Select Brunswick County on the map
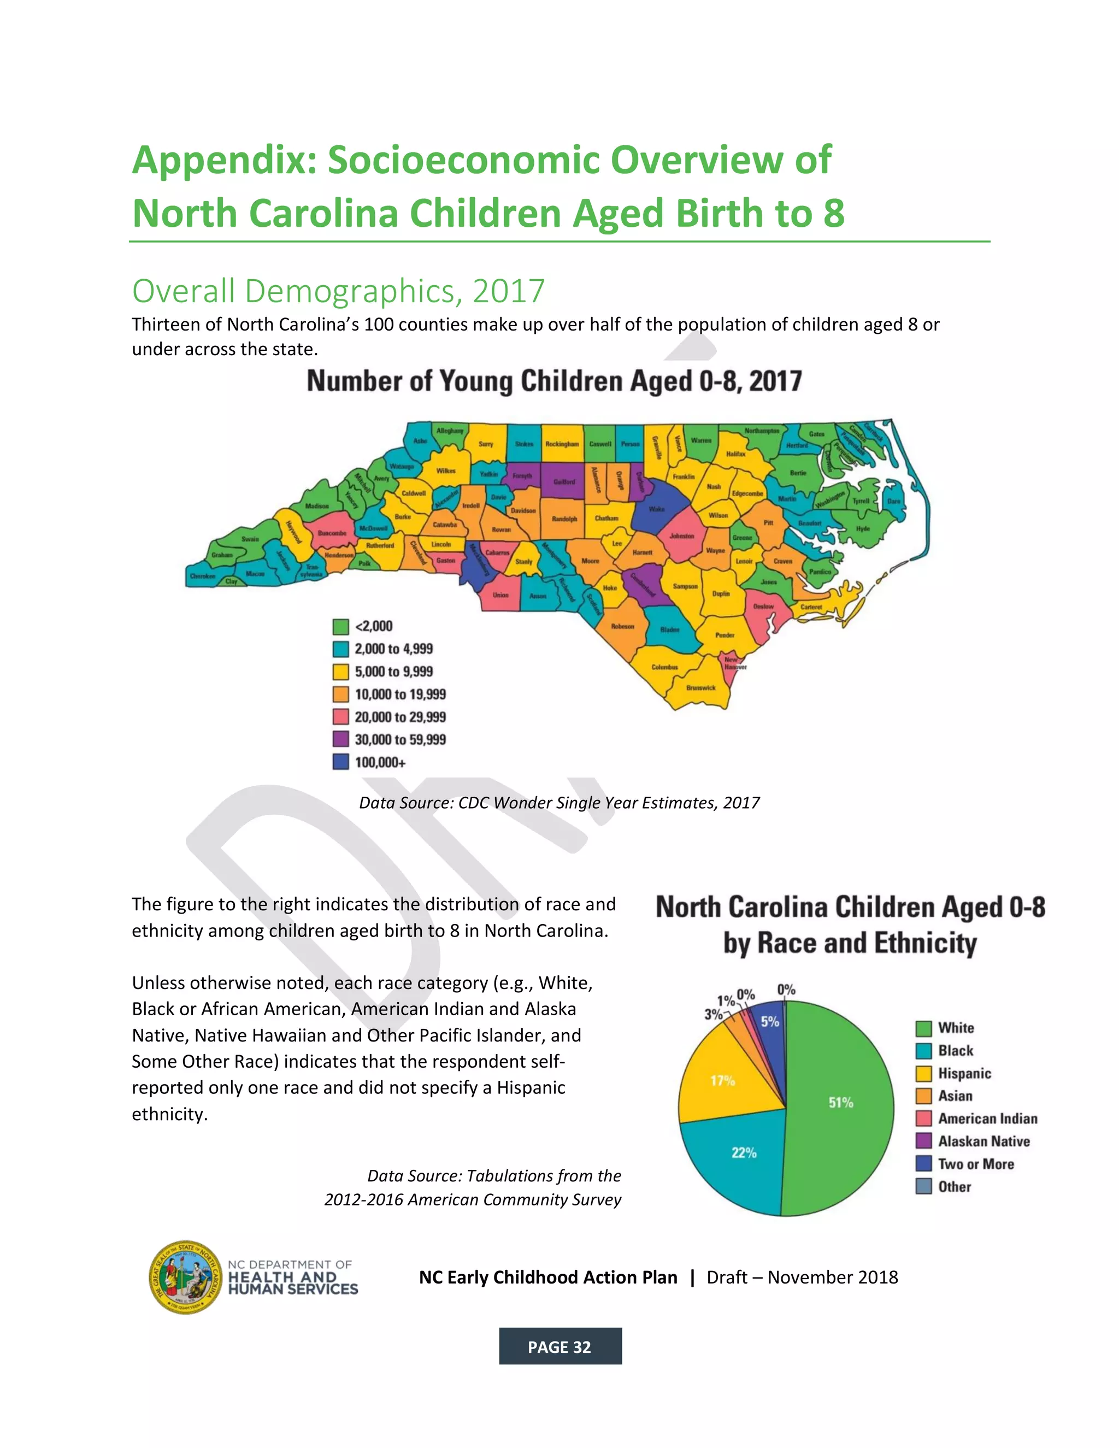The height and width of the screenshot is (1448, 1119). tap(700, 687)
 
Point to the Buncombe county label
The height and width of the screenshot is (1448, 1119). tap(332, 533)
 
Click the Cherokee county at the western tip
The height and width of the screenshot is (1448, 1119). tap(202, 576)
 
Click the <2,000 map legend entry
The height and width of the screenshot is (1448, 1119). tap(373, 627)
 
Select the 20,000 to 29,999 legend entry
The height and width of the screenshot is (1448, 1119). tap(400, 717)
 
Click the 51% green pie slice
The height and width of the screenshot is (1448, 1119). tap(840, 1103)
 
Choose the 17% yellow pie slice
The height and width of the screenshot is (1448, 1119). tap(722, 1081)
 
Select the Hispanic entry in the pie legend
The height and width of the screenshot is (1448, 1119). tap(964, 1073)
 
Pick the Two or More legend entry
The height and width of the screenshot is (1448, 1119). tap(975, 1164)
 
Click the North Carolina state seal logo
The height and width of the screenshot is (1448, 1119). tap(186, 1277)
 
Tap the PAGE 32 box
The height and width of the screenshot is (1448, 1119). tap(559, 1346)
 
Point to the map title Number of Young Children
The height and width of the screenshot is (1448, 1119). tap(554, 381)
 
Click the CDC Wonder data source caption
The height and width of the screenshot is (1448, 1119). tap(559, 803)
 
